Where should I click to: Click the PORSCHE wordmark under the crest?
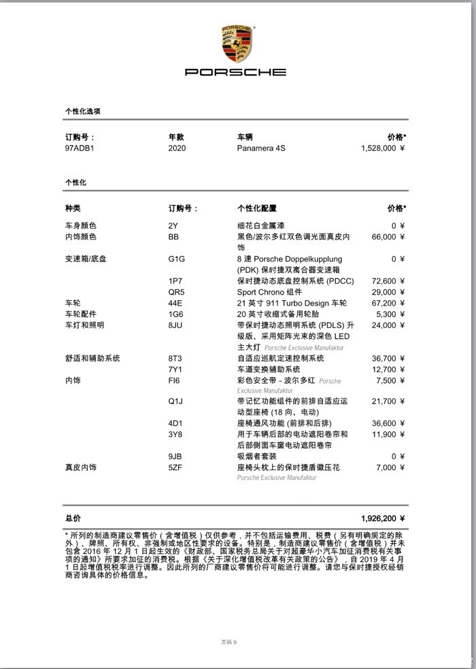click(x=236, y=72)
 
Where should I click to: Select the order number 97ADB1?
click(x=80, y=148)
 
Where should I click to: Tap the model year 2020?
click(x=177, y=148)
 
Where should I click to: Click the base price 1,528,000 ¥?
click(x=383, y=148)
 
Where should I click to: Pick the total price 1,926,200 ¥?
click(x=383, y=518)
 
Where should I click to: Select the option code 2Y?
click(x=173, y=226)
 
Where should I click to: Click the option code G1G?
click(x=177, y=259)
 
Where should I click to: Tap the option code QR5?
click(x=177, y=292)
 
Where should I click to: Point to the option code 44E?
click(x=175, y=303)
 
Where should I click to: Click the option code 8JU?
click(x=175, y=325)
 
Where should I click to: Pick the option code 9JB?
click(x=175, y=457)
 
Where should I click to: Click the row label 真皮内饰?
click(x=81, y=468)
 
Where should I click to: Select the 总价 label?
click(x=73, y=518)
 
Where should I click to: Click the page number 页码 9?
click(x=229, y=642)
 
